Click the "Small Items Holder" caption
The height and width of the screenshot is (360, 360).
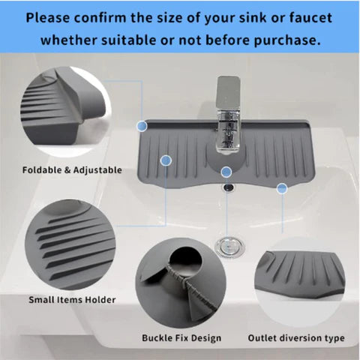72,300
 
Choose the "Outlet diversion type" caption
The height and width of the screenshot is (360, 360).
296,338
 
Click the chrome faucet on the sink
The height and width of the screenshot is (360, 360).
227,120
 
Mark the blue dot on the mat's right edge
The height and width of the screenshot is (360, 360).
281,188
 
